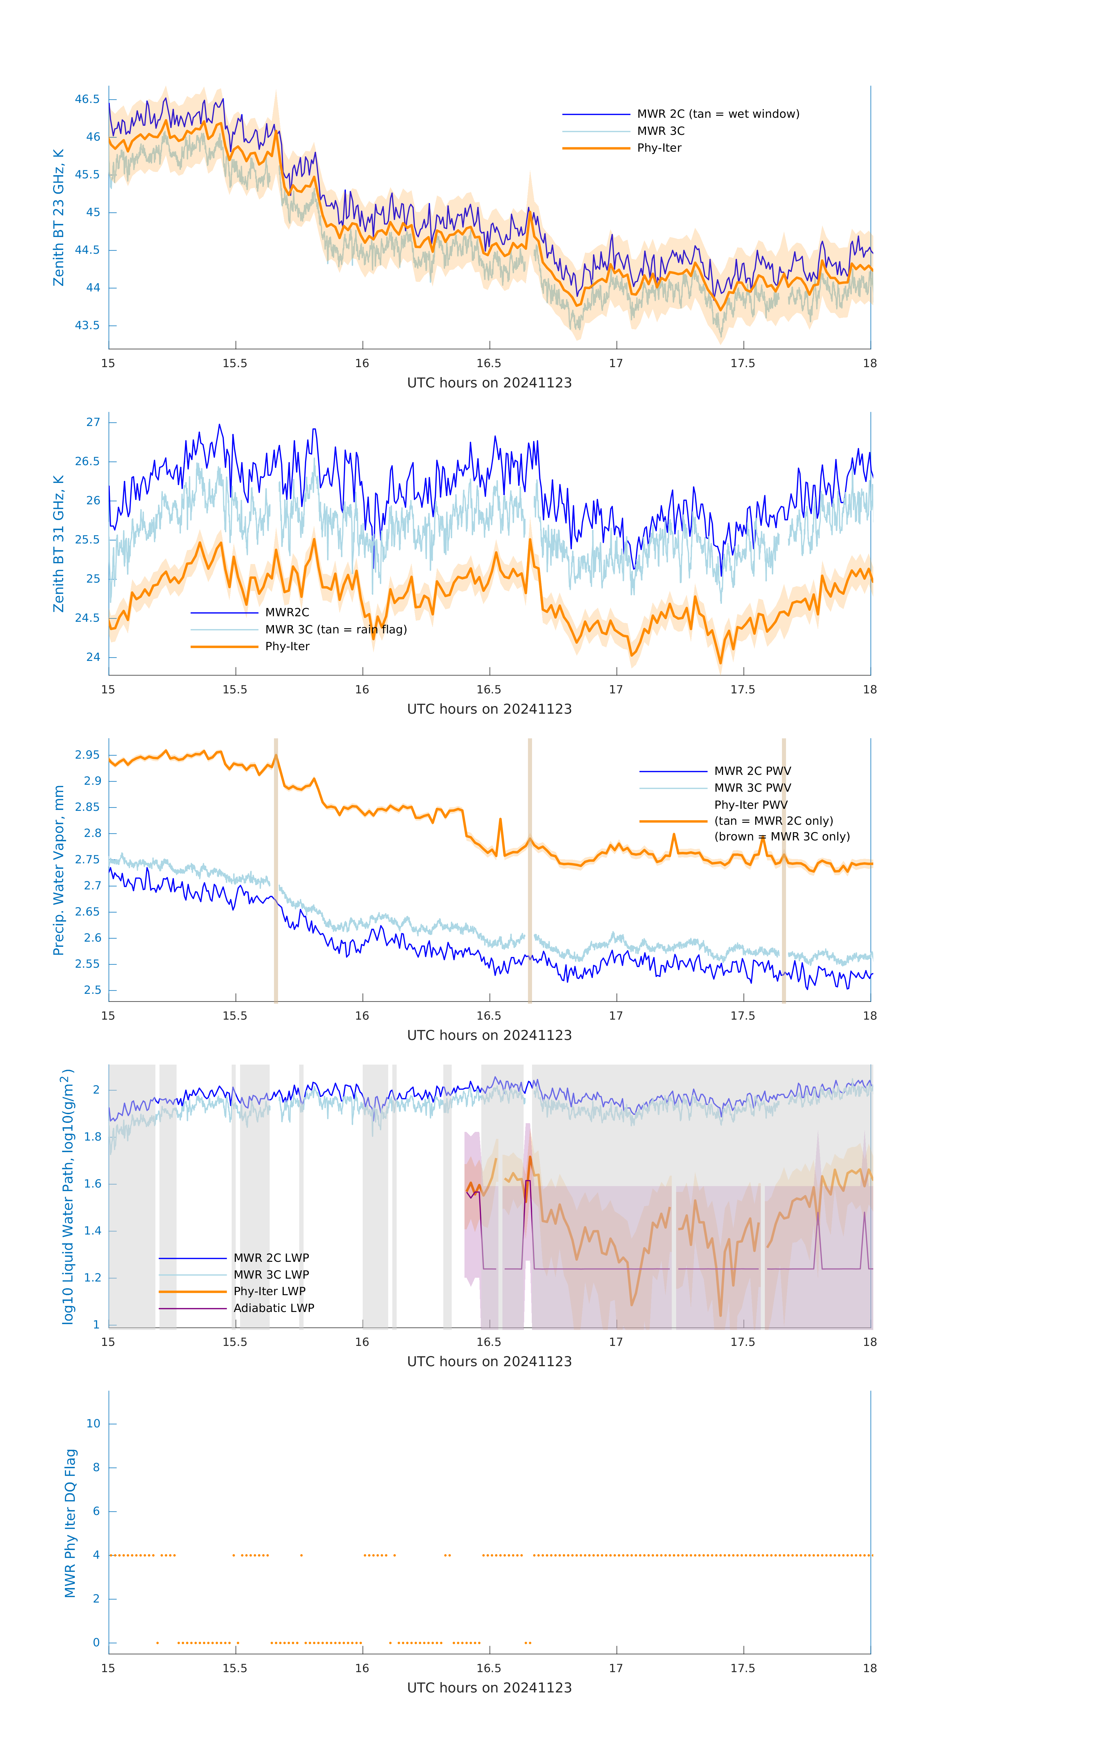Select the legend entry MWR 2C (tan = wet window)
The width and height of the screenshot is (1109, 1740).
(717, 114)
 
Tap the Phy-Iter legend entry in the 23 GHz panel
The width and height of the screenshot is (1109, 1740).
(659, 148)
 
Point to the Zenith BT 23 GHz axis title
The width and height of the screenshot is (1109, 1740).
(59, 217)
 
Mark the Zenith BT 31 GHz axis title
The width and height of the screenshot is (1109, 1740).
(59, 543)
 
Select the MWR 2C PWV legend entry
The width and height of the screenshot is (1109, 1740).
(752, 771)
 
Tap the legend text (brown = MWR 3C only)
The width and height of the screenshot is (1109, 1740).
(782, 837)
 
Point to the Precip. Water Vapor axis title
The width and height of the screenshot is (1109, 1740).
(59, 870)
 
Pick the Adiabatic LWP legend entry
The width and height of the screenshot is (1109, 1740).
(274, 1308)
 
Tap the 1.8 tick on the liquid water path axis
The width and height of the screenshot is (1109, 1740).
(92, 1137)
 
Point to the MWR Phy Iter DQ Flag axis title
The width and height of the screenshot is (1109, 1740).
(70, 1522)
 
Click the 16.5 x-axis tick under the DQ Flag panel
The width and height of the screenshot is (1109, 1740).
(489, 1668)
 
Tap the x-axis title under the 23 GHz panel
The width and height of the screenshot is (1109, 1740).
(489, 383)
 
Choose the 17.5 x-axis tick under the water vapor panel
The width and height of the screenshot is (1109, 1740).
(743, 1016)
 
